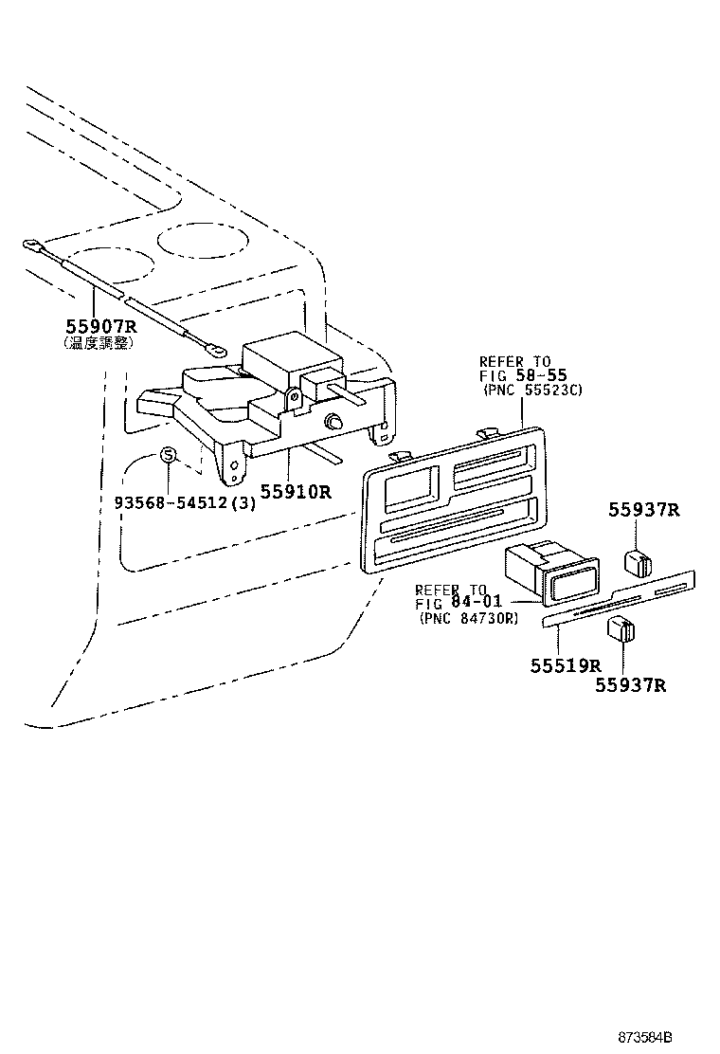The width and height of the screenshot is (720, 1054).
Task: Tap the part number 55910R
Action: click(x=296, y=492)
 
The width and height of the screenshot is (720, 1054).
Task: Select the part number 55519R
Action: click(x=566, y=664)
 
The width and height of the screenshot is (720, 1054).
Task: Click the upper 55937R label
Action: click(x=644, y=510)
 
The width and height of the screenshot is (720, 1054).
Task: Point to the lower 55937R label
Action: click(x=630, y=684)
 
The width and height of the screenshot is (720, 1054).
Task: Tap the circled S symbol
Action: click(x=168, y=455)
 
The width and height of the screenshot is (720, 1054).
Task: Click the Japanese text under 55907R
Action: click(x=99, y=343)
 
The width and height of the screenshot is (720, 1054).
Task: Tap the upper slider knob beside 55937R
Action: click(x=636, y=562)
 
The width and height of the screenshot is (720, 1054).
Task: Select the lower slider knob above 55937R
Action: click(x=621, y=629)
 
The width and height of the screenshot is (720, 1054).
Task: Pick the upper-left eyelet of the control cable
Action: click(x=32, y=247)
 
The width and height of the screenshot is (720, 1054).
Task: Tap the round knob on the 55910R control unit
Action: click(x=333, y=421)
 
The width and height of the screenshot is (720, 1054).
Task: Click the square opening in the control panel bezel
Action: click(x=409, y=490)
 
